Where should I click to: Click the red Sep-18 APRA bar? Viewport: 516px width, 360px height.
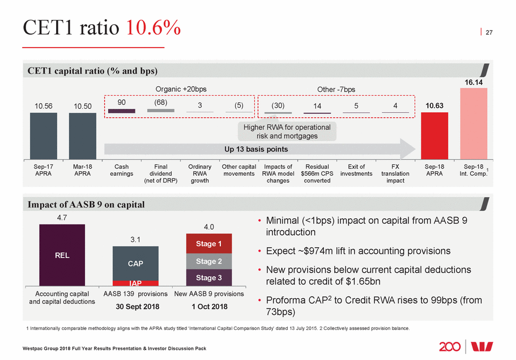[x=434, y=137]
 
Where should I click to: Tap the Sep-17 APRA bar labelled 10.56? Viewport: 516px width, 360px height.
[x=44, y=137]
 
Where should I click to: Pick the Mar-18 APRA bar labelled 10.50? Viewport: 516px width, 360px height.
[x=82, y=137]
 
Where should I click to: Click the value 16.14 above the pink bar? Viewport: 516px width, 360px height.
[x=474, y=82]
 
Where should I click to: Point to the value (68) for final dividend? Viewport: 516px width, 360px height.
[x=160, y=104]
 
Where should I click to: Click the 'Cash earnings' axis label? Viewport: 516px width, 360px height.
[x=121, y=170]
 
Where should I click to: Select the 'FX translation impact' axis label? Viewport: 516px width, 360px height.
[x=395, y=173]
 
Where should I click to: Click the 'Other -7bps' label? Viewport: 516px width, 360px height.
[x=336, y=89]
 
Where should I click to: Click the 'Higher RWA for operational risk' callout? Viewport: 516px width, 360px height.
[x=288, y=132]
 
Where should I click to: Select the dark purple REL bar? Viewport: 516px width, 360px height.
[x=62, y=255]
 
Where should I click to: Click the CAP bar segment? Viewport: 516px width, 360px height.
[x=135, y=263]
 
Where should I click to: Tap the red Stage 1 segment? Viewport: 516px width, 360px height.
[x=209, y=244]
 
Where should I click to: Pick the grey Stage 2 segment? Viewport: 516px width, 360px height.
[x=209, y=261]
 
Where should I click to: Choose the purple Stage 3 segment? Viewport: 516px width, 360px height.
[x=209, y=278]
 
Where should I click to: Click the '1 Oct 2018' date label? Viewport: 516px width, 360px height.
[x=209, y=307]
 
